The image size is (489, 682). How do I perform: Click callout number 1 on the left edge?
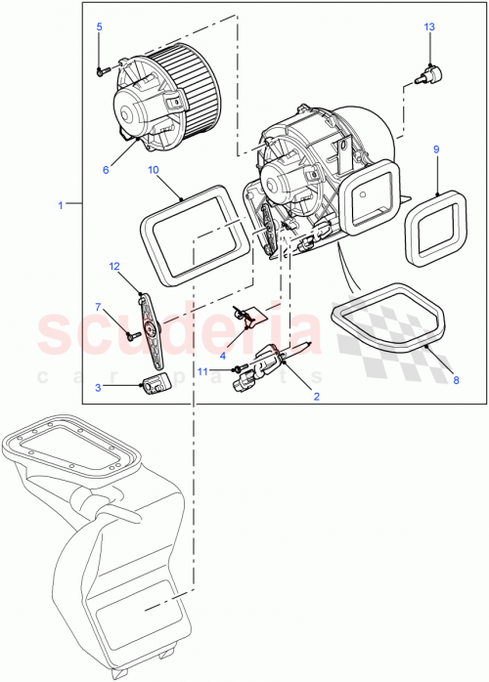tap(61, 205)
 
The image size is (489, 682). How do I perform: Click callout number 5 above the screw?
tap(99, 26)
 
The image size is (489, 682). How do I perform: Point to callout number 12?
tap(113, 266)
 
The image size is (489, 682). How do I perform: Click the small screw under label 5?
tap(101, 69)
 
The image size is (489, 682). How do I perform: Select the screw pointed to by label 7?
tap(129, 333)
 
